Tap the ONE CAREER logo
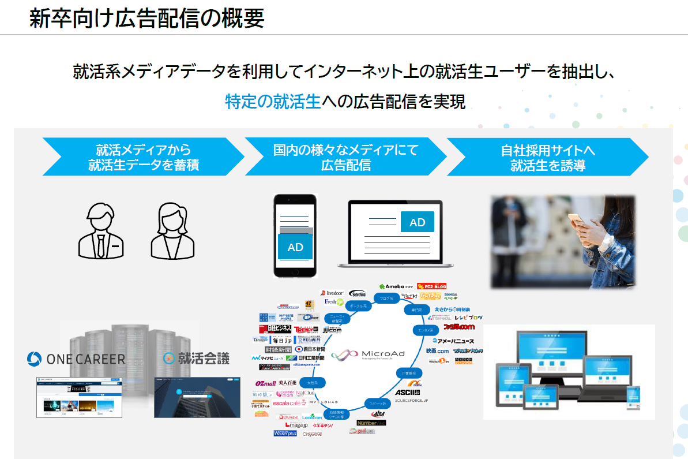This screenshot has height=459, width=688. coord(76,359)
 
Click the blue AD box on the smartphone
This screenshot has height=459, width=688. coord(295,247)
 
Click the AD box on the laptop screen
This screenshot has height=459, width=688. coord(417,222)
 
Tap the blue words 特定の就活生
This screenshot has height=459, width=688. coord(272,102)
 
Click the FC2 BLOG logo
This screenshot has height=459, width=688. coord(431,286)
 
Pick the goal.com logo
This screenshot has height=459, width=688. coord(362,431)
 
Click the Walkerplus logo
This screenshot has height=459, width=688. coord(285,433)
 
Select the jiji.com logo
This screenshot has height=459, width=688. coord(333,330)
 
